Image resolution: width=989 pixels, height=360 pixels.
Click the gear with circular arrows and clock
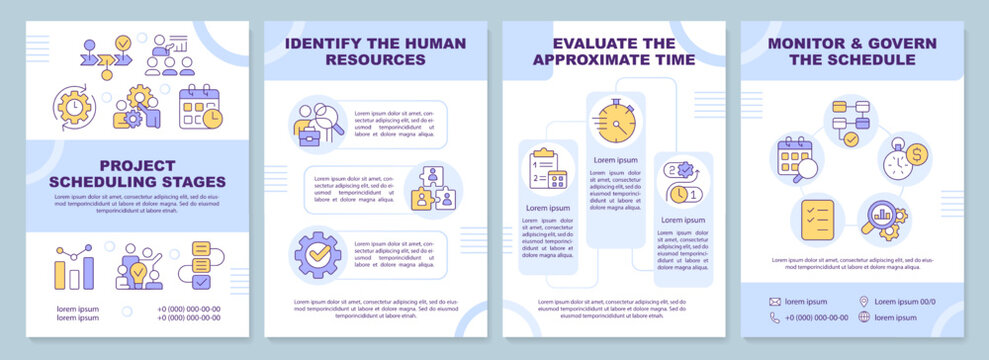[75, 108]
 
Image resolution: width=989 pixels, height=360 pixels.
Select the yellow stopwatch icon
[612, 121]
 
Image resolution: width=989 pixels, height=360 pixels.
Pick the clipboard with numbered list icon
[546, 169]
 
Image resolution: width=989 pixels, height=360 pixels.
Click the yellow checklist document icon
[816, 217]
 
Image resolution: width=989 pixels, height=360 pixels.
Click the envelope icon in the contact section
[775, 301]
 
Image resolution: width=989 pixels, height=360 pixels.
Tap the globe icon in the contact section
[864, 317]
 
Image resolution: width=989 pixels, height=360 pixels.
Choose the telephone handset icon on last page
[775, 317]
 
